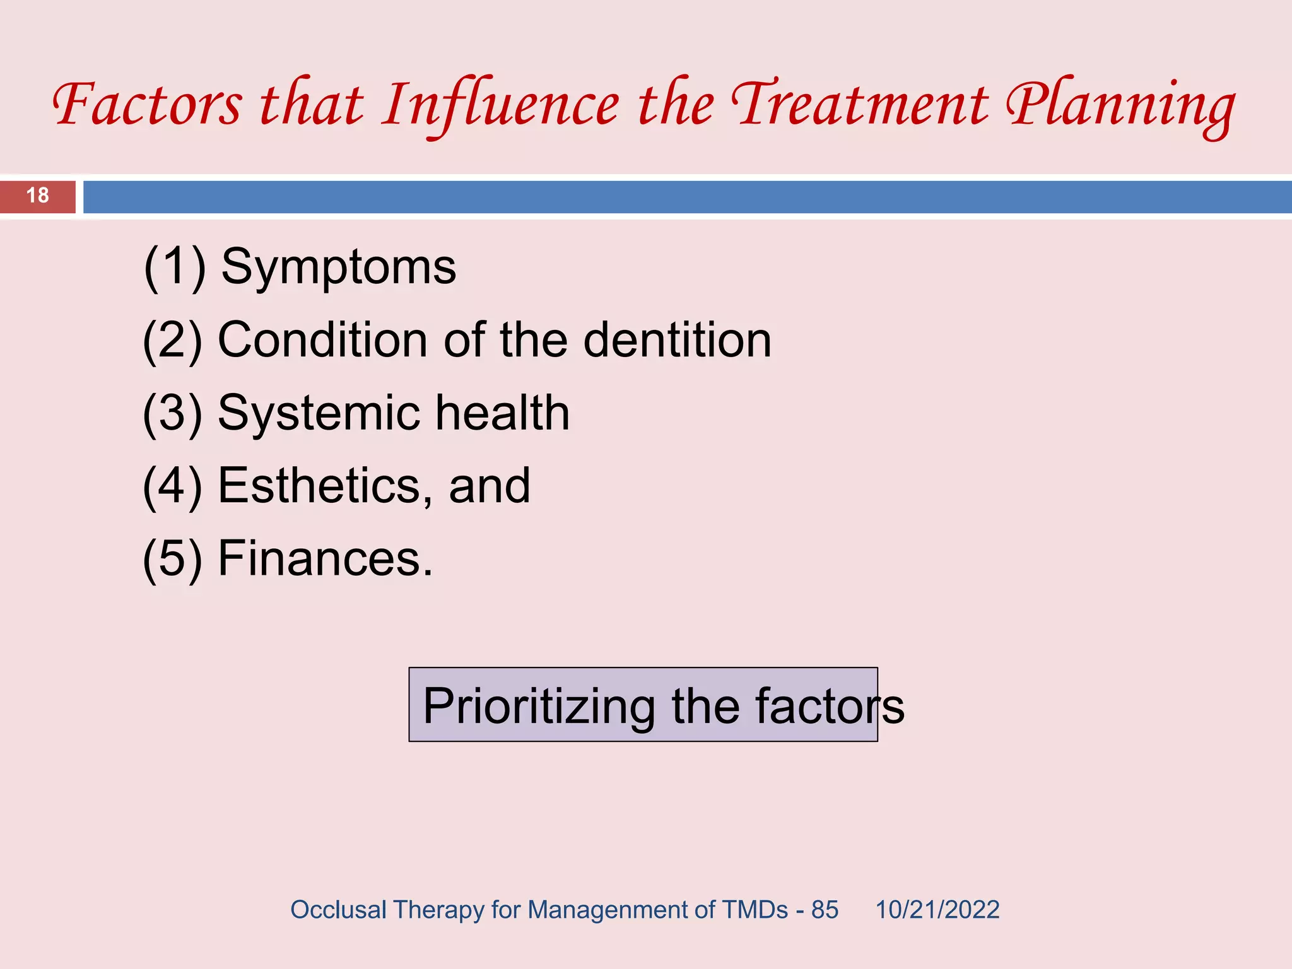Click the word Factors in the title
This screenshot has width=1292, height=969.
[x=146, y=104]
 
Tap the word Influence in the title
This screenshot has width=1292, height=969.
[x=502, y=104]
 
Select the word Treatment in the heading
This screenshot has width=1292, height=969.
[x=861, y=104]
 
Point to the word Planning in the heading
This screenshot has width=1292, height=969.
[x=1120, y=104]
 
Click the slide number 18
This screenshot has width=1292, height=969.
[x=38, y=196]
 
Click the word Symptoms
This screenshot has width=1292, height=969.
[x=338, y=267]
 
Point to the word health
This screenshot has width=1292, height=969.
[x=502, y=413]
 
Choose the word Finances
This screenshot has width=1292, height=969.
[x=325, y=559]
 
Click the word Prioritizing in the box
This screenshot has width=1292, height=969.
[x=539, y=706]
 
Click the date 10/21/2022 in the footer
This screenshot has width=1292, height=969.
[x=937, y=910]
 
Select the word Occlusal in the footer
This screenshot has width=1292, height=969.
[x=338, y=910]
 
